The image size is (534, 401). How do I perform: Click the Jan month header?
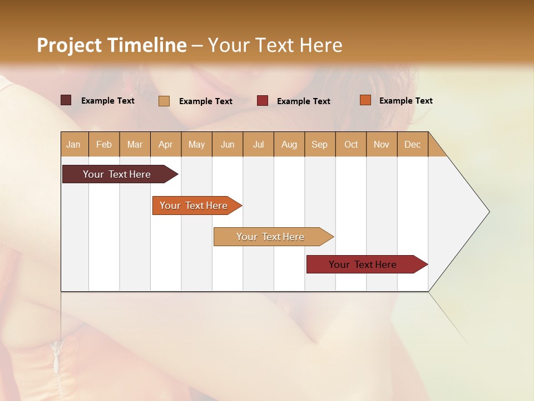click(x=74, y=144)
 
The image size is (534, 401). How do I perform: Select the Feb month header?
click(x=104, y=144)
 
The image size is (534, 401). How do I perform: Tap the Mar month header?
click(x=135, y=144)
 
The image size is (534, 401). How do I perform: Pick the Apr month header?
click(x=166, y=144)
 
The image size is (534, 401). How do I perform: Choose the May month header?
click(x=196, y=144)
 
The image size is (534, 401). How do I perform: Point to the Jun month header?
click(x=228, y=144)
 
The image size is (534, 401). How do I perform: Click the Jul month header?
click(x=258, y=144)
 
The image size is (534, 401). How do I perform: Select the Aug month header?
click(x=289, y=144)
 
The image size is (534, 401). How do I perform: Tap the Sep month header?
click(x=320, y=144)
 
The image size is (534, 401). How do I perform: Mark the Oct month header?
click(x=351, y=144)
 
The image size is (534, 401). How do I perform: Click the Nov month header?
click(x=382, y=144)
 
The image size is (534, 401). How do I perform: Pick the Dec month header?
click(x=412, y=144)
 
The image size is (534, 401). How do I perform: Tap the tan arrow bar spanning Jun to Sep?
click(x=271, y=237)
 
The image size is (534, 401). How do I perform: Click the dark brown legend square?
click(x=66, y=100)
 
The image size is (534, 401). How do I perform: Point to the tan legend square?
click(x=164, y=101)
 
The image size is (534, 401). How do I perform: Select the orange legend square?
click(x=365, y=100)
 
